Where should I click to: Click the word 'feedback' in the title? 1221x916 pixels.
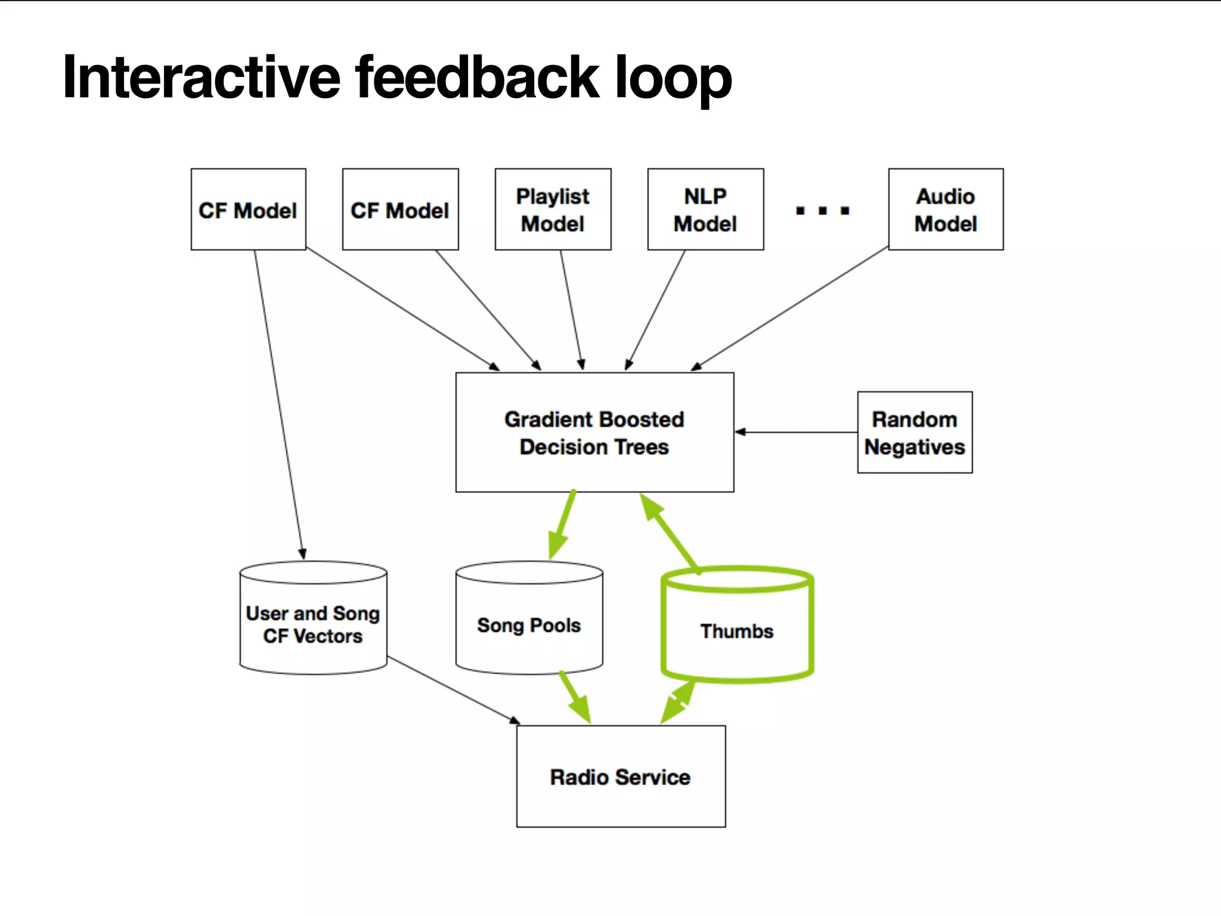tap(477, 78)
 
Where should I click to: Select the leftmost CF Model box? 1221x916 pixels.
tap(248, 209)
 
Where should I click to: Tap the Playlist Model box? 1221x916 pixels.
tap(553, 209)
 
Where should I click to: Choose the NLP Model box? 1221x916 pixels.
tap(705, 209)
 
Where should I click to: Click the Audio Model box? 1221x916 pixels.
tap(946, 209)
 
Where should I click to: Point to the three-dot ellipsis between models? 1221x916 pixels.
tap(823, 211)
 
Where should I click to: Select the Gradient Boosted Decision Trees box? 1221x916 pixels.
tap(594, 433)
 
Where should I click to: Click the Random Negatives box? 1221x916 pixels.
tap(915, 433)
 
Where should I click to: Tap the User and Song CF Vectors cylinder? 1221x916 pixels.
tap(313, 623)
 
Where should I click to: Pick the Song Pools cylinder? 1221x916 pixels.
tap(529, 623)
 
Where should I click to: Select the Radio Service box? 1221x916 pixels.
tap(621, 776)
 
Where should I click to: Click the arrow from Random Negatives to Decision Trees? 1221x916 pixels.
tap(796, 432)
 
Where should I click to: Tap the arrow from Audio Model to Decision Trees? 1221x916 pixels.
tap(790, 308)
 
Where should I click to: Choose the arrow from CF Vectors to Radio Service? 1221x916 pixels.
tap(453, 691)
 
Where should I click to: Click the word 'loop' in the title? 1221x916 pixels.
tap(673, 78)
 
